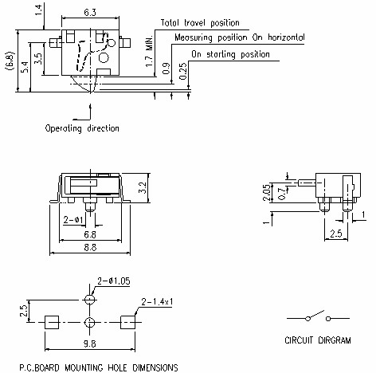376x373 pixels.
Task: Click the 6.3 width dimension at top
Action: pyautogui.click(x=90, y=12)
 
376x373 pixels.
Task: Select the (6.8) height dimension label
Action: pyautogui.click(x=9, y=61)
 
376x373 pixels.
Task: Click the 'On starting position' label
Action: pyautogui.click(x=230, y=53)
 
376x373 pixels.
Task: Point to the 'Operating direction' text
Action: pyautogui.click(x=82, y=128)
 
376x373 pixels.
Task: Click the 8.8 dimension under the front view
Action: pyautogui.click(x=92, y=249)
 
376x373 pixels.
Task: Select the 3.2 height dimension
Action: pyautogui.click(x=142, y=189)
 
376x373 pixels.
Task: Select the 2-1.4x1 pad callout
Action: pyautogui.click(x=158, y=301)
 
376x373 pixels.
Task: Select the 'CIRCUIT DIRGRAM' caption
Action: pyautogui.click(x=317, y=340)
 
